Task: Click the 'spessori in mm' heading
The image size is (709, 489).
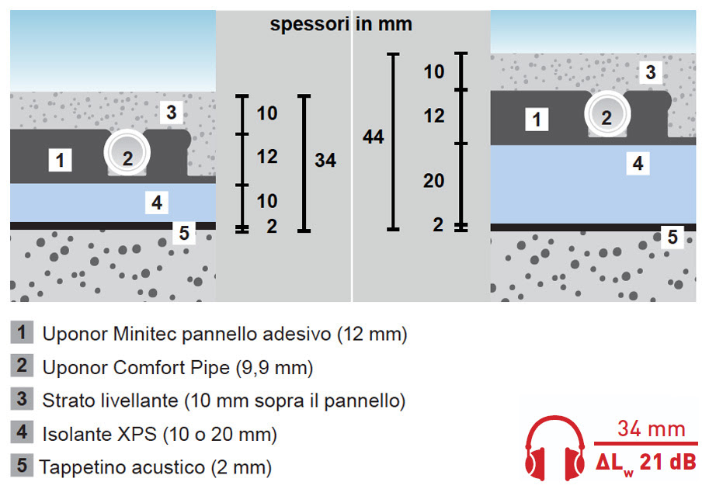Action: (x=341, y=24)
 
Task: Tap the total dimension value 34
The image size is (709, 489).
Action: (x=325, y=161)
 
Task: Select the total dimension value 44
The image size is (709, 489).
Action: (x=373, y=137)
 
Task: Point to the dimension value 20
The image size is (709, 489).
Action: (x=433, y=181)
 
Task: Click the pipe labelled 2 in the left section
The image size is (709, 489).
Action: (x=127, y=153)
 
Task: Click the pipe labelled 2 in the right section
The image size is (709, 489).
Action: (x=607, y=114)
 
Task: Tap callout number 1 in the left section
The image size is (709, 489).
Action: (x=60, y=160)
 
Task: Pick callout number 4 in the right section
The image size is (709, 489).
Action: (x=638, y=163)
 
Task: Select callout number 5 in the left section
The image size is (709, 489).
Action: (x=184, y=233)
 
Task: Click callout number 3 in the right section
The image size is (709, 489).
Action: (x=651, y=72)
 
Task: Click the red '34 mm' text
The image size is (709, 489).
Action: (x=651, y=429)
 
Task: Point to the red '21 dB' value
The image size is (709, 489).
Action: (x=667, y=462)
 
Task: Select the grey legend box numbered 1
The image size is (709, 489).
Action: (x=22, y=332)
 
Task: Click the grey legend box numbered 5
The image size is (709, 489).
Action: (x=22, y=465)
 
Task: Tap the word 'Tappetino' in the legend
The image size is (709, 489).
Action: (x=76, y=466)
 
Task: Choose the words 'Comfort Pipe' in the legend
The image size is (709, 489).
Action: (x=172, y=367)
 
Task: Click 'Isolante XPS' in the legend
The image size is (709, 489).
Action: (x=99, y=434)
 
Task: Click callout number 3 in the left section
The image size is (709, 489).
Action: (x=172, y=112)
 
